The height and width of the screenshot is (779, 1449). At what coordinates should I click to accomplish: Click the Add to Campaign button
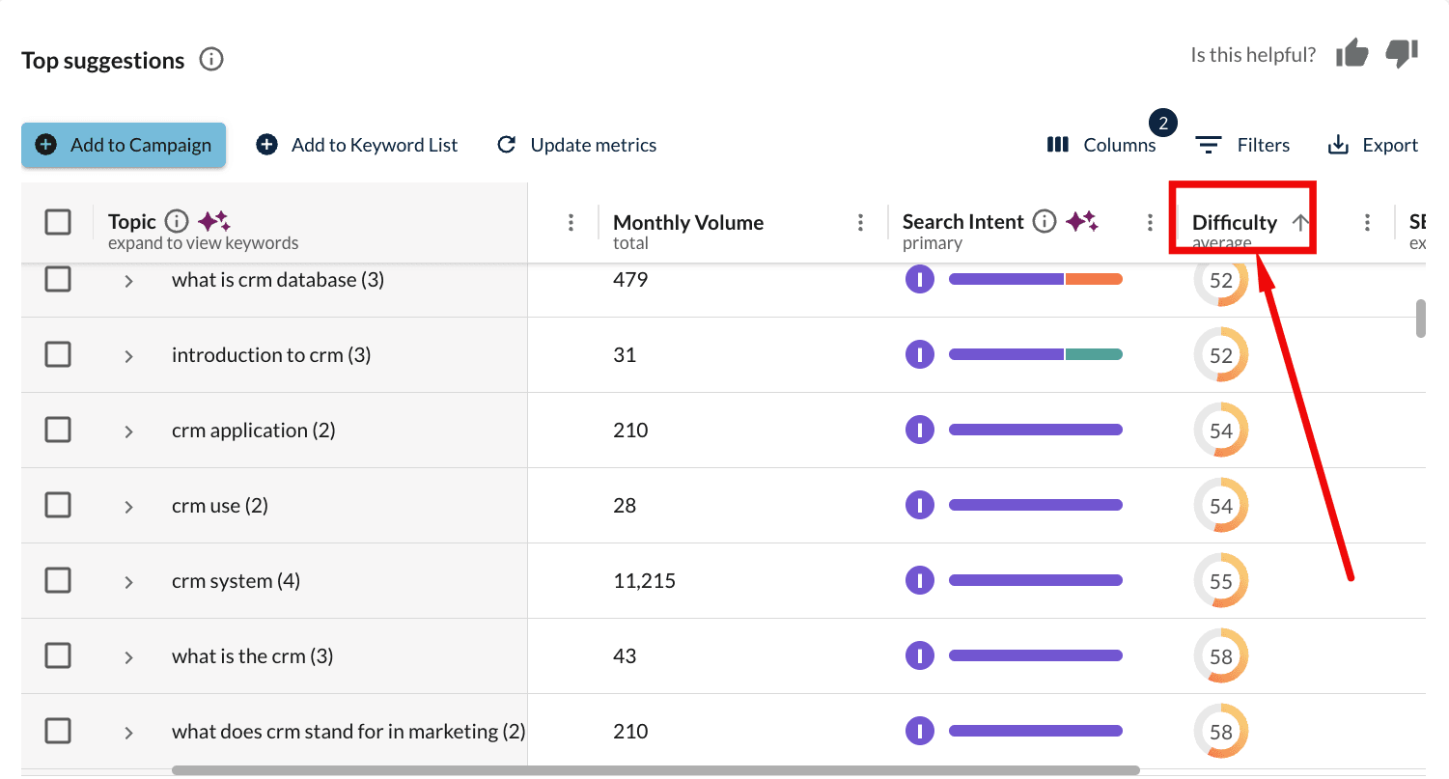124,145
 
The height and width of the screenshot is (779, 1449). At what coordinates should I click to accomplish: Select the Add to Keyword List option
357,145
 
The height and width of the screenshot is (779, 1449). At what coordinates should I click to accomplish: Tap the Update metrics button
576,145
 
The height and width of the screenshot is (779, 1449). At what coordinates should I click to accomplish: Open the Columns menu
1101,145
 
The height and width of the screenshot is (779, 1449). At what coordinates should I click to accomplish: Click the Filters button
1242,145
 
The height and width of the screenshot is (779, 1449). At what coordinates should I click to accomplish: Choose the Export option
1373,145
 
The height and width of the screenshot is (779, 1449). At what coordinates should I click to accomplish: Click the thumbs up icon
1351,54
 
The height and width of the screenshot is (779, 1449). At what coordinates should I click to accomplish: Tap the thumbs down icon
1402,54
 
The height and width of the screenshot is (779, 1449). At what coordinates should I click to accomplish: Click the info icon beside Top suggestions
210,60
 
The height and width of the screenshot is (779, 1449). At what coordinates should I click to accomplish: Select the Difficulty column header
1235,223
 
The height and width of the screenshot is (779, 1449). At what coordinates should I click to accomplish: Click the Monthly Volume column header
687,223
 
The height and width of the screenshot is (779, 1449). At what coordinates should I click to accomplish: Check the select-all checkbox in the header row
58,222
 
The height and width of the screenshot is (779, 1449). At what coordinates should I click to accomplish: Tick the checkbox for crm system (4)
58,580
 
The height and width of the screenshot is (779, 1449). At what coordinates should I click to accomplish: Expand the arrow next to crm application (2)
128,431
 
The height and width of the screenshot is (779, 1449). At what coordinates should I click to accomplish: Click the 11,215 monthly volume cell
644,581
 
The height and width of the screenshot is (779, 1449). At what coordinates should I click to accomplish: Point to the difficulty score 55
1221,581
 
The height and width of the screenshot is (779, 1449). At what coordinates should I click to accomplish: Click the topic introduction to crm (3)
270,355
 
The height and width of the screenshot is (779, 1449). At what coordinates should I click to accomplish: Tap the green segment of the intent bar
1094,354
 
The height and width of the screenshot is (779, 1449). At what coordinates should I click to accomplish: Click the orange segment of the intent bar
1094,279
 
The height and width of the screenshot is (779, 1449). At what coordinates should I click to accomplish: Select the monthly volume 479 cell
630,280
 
